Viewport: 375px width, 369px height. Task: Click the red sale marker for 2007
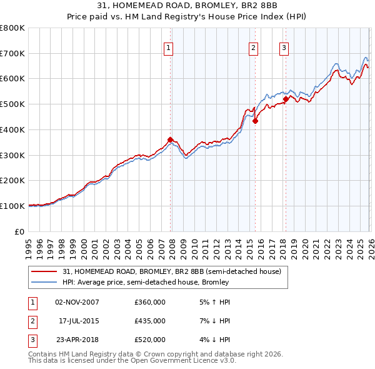[x=170, y=139]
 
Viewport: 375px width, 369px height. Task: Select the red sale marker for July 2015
[x=255, y=121]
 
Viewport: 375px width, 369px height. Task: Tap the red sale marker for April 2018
[x=286, y=99]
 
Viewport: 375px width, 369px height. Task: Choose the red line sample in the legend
[x=45, y=271]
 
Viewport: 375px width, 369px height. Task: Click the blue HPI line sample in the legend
[x=45, y=282]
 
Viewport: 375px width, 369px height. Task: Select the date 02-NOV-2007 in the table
[x=77, y=301]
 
